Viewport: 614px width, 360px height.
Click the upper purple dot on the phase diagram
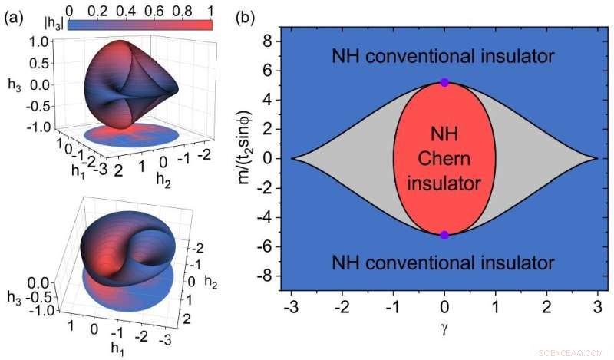(444, 82)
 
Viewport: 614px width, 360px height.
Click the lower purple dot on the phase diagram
(444, 235)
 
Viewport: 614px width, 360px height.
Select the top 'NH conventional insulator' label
(443, 56)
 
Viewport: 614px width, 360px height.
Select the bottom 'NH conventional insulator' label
(443, 263)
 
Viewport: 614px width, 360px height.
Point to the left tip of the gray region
(292, 158)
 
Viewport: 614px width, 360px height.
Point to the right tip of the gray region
(596, 158)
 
